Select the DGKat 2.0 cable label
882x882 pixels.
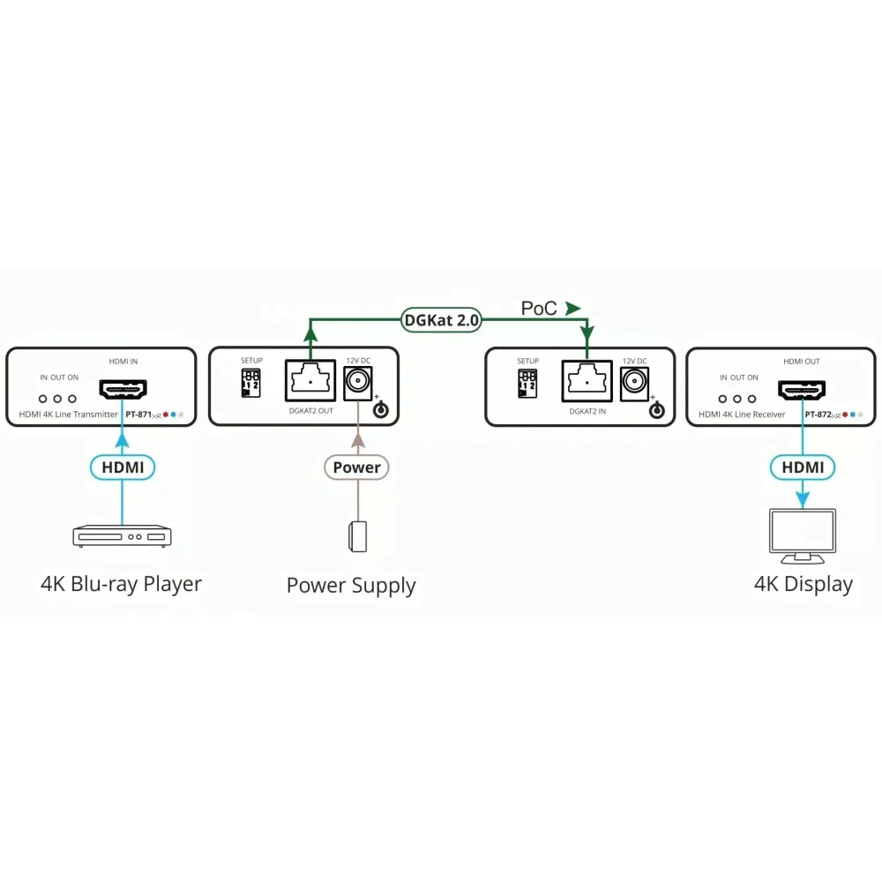[441, 320]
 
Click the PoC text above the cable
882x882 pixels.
[539, 309]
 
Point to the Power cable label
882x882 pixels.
[356, 467]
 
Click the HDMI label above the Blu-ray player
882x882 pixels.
[123, 467]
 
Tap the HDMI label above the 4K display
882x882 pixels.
[802, 467]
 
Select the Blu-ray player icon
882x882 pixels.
[122, 535]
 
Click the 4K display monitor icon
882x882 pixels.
[802, 536]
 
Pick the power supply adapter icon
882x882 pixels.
[357, 536]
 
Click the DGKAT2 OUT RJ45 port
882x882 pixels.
[310, 382]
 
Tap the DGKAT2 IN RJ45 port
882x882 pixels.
[587, 382]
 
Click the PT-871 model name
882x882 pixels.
[138, 414]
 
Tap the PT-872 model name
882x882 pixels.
[818, 414]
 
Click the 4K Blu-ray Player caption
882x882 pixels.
[122, 584]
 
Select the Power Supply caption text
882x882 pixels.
[351, 586]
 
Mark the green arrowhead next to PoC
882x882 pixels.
[573, 309]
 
